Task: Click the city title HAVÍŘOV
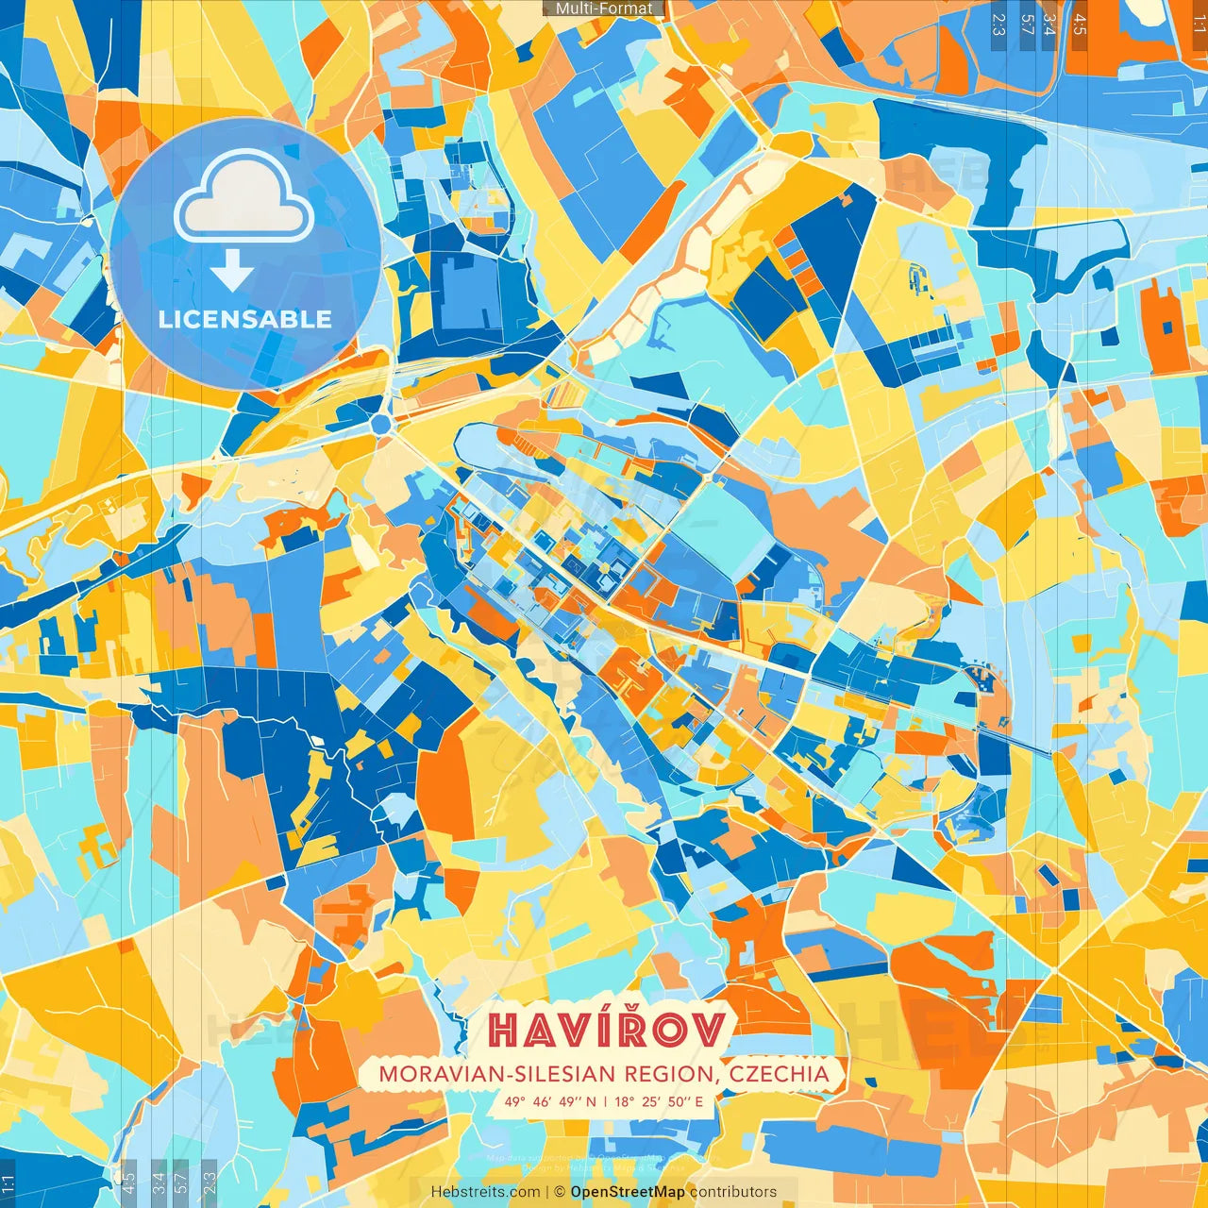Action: coord(608,1030)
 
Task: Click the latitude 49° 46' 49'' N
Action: coord(550,1101)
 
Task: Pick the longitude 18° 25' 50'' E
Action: coord(660,1101)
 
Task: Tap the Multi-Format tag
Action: coord(604,8)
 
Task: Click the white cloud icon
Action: coord(244,198)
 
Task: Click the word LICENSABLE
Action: coord(245,319)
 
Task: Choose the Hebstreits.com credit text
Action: coord(485,1192)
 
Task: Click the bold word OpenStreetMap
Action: coord(628,1192)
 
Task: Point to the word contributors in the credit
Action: coord(733,1192)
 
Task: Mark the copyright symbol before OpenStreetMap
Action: coord(560,1192)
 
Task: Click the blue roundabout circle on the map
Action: coord(381,425)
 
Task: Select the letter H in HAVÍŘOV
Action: coord(504,1031)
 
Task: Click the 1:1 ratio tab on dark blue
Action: coord(8,1183)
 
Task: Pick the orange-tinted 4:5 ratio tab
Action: coord(1080,25)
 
